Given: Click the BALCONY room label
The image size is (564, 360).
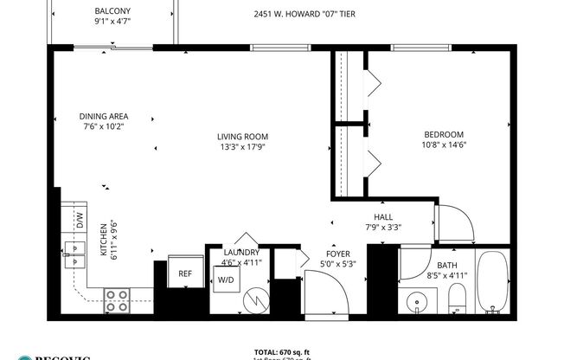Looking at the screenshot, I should (x=113, y=11).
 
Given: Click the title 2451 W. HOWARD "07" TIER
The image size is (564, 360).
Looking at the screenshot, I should (x=304, y=15).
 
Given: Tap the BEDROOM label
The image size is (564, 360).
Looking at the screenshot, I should (x=443, y=134).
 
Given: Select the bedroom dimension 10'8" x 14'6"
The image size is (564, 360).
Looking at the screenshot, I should (x=443, y=145).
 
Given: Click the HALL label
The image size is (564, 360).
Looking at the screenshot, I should (x=382, y=217).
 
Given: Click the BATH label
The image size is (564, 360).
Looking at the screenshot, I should (x=447, y=266).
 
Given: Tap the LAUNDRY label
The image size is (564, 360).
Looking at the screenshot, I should (x=241, y=253).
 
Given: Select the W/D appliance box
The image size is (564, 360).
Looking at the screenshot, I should (x=226, y=279).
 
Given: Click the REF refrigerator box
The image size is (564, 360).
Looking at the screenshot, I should (x=185, y=273).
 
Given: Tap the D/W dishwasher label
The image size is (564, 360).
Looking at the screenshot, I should (x=79, y=220).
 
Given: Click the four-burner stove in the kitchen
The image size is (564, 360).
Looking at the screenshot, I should (x=118, y=299).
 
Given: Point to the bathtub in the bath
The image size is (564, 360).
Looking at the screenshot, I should (x=493, y=284).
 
